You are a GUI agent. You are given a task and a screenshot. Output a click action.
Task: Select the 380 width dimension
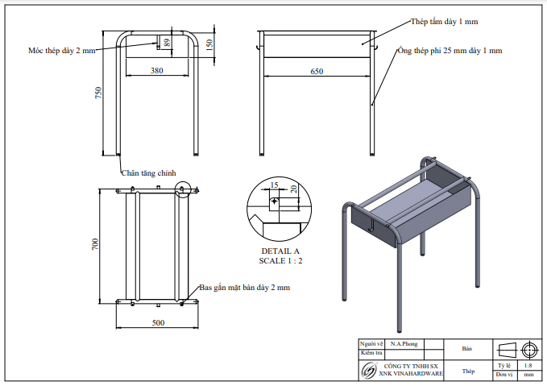(157, 71)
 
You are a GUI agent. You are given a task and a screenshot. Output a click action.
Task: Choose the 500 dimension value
(158, 323)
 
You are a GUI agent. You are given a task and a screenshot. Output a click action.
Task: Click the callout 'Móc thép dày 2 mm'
(61, 50)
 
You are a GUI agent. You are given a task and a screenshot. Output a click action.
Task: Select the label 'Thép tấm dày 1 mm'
(445, 20)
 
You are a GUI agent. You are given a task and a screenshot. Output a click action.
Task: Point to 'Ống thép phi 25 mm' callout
(450, 50)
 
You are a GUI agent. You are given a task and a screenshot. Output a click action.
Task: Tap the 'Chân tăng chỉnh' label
(148, 172)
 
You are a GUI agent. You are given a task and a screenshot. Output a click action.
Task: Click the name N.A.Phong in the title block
(404, 343)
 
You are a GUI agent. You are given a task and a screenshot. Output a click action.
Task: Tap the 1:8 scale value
(528, 365)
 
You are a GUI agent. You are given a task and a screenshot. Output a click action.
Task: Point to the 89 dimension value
(168, 43)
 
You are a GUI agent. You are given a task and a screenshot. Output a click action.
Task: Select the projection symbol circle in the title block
(528, 350)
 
